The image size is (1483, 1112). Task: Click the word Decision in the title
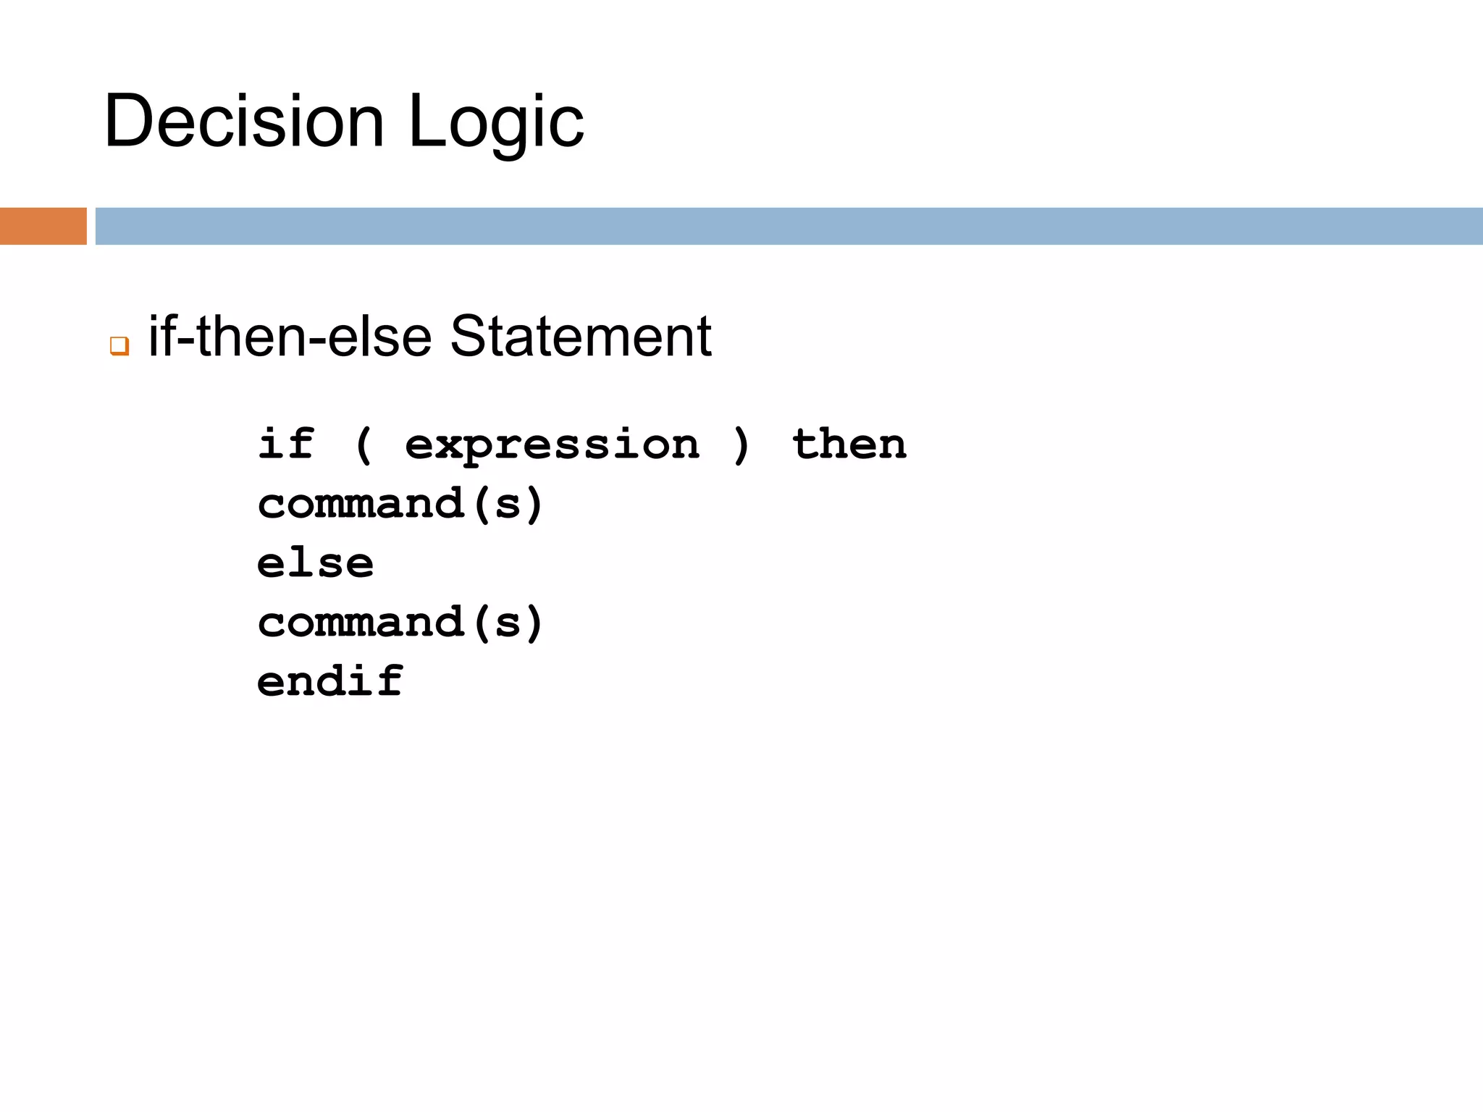click(244, 122)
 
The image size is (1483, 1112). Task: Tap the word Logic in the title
click(496, 123)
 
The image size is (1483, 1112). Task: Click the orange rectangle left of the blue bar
click(43, 226)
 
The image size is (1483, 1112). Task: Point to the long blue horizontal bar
click(789, 226)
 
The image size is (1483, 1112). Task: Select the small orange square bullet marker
click(119, 345)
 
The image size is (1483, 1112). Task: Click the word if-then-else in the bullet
click(290, 337)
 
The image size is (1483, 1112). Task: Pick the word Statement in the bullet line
click(581, 337)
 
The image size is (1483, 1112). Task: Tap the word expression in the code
click(553, 445)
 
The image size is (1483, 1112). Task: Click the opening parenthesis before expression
click(364, 445)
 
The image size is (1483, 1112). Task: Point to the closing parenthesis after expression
click(741, 445)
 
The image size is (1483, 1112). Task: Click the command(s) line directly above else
click(400, 504)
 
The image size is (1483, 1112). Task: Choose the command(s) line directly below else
click(400, 623)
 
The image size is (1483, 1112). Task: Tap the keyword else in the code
click(315, 563)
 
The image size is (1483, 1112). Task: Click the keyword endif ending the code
click(330, 681)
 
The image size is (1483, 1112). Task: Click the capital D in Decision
click(129, 122)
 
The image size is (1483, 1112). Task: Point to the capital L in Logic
click(425, 122)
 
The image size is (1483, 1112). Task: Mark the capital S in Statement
click(468, 337)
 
